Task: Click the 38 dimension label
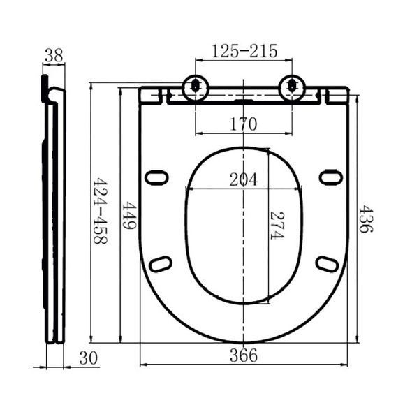point(54,55)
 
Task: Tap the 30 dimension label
point(89,358)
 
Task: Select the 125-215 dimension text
point(244,51)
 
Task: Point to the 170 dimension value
point(244,124)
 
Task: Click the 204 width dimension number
point(244,179)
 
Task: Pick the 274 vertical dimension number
point(277,226)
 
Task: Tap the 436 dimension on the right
point(365,219)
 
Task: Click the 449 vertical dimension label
point(129,215)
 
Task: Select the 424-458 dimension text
point(100,211)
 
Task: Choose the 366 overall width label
point(244,355)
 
